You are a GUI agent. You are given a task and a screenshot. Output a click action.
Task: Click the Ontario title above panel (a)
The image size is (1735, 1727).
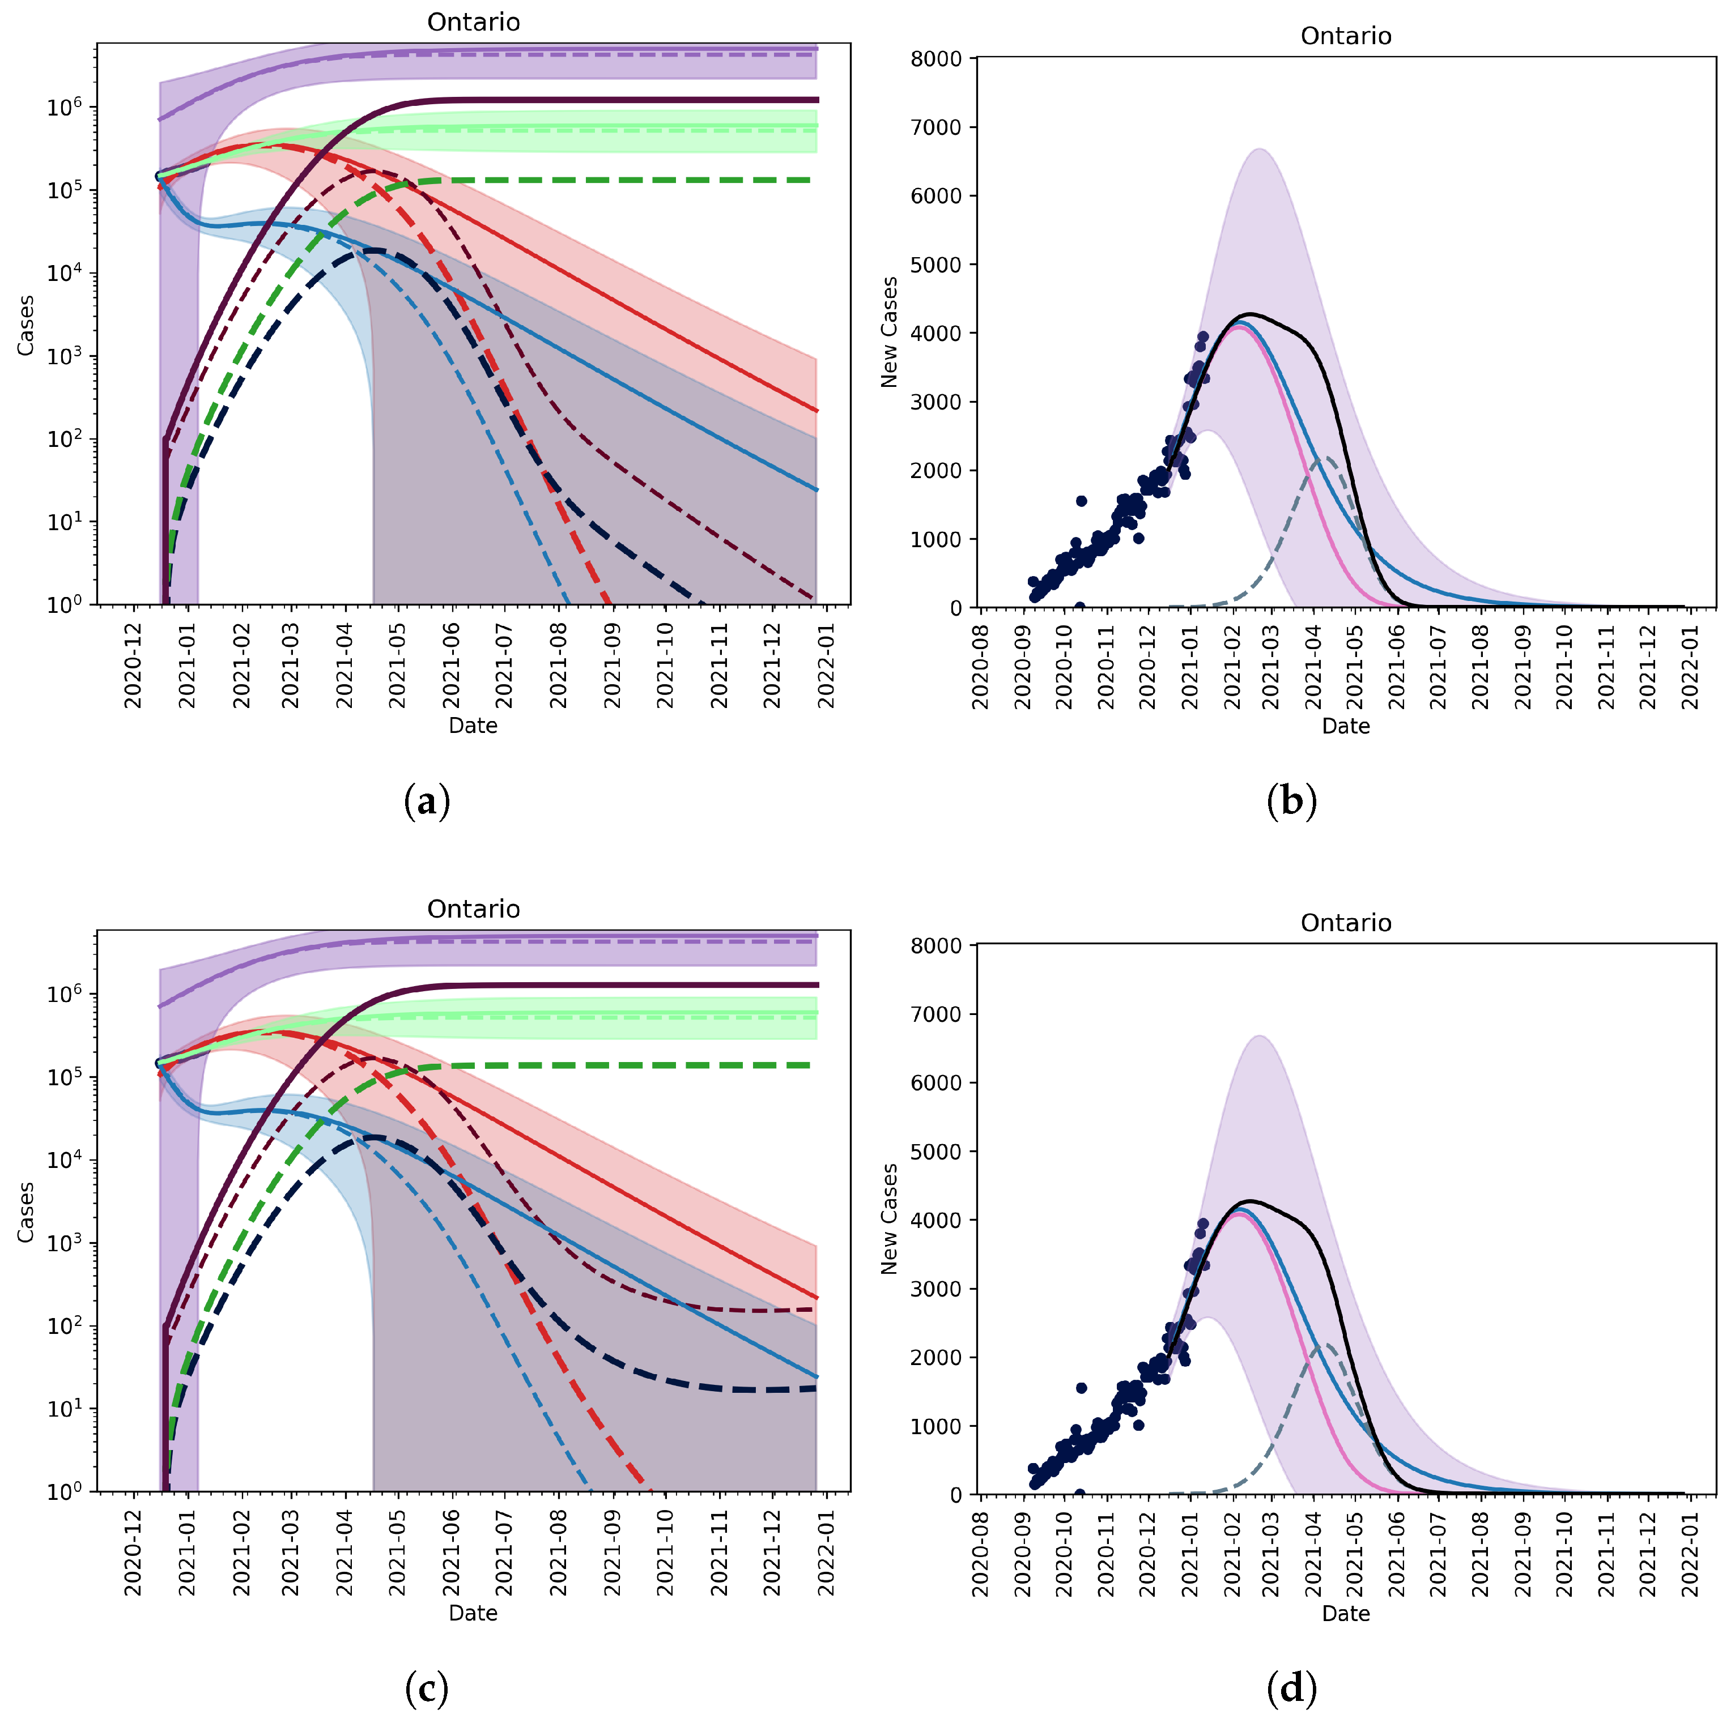[x=473, y=23]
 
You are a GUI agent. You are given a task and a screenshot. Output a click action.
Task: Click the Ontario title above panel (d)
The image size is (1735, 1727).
[x=1345, y=923]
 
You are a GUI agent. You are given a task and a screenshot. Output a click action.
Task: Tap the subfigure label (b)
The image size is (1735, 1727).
[x=1290, y=801]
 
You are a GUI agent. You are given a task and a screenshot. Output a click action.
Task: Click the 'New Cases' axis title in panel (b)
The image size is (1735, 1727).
[x=889, y=332]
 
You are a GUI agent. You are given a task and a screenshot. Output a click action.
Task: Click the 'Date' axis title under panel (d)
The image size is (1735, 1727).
[x=1345, y=1614]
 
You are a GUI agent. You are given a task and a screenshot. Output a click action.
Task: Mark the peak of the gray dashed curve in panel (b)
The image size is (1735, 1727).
[x=1325, y=458]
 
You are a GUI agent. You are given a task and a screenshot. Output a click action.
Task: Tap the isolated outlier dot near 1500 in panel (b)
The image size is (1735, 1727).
[x=1081, y=501]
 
